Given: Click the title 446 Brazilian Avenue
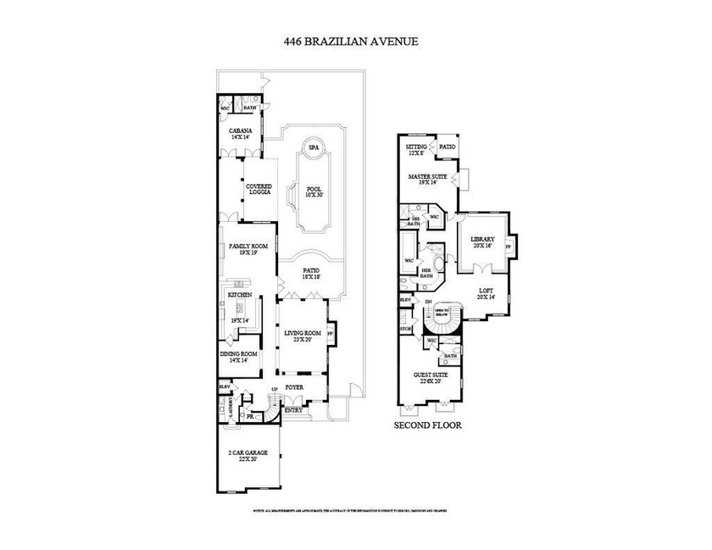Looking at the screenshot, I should click(x=355, y=40).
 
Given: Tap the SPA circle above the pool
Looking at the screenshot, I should click(x=313, y=147).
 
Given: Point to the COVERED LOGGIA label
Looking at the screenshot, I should click(x=259, y=189).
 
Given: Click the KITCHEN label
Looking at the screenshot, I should click(x=239, y=294).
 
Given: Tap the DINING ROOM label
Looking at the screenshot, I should click(x=238, y=356).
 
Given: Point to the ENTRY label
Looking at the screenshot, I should click(x=292, y=410).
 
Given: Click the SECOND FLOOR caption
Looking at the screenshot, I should click(x=428, y=425).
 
